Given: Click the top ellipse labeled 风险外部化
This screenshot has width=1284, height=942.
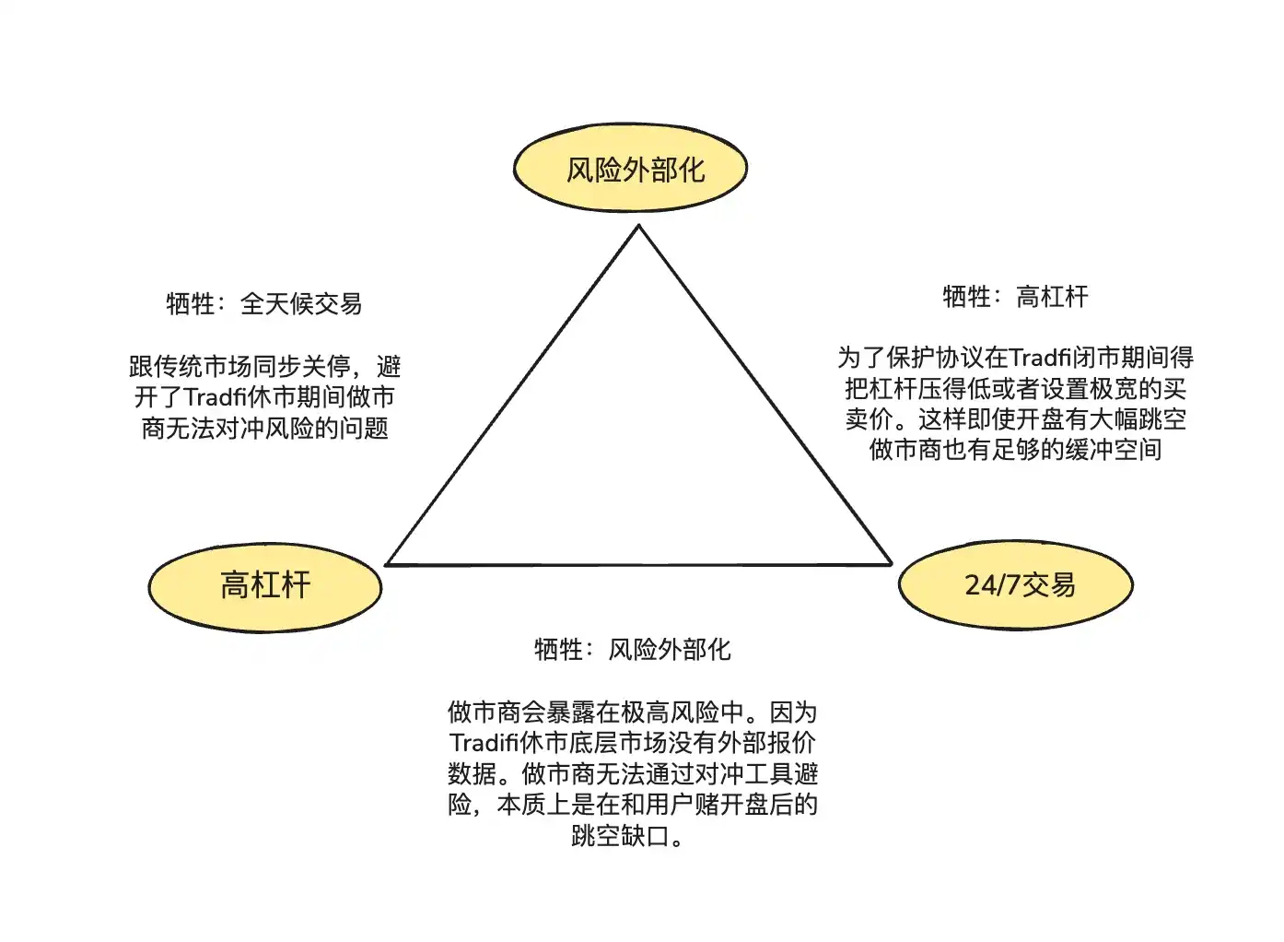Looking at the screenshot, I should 630,169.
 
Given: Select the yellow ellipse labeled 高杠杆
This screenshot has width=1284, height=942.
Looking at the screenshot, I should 265,586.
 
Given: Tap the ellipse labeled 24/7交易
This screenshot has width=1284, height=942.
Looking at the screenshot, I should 1015,584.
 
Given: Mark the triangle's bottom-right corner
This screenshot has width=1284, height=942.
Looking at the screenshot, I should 890,562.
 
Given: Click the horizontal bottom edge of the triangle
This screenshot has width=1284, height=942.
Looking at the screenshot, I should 638,564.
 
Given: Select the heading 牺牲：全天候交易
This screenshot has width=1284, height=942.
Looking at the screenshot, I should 263,303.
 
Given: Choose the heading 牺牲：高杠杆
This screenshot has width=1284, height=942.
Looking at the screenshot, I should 1015,297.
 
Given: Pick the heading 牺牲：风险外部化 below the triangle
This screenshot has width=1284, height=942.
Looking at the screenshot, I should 632,650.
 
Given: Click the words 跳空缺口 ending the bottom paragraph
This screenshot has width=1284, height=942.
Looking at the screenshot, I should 619,836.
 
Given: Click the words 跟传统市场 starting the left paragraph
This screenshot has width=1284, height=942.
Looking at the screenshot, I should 191,367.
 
